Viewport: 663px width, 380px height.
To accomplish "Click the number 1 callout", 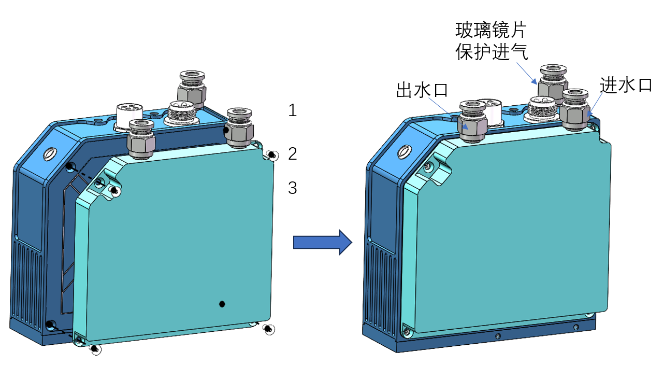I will point(293,110).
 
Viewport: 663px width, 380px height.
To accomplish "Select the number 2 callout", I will point(293,153).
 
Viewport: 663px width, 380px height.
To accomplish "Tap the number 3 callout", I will point(293,188).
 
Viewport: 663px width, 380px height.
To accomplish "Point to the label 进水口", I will point(626,85).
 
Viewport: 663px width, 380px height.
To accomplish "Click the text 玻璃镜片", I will point(491,30).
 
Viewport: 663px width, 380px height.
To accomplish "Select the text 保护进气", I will point(491,52).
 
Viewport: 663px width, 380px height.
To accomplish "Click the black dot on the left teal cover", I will point(222,304).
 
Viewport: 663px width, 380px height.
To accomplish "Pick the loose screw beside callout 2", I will point(271,155).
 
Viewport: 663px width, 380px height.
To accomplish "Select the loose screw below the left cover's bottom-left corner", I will point(94,349).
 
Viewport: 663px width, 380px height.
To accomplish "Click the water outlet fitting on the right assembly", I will point(472,121).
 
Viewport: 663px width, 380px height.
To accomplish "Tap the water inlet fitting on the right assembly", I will point(575,110).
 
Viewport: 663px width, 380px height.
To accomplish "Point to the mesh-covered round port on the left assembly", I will point(182,111).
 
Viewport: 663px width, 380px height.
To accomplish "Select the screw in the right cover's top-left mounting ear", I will point(428,167).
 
